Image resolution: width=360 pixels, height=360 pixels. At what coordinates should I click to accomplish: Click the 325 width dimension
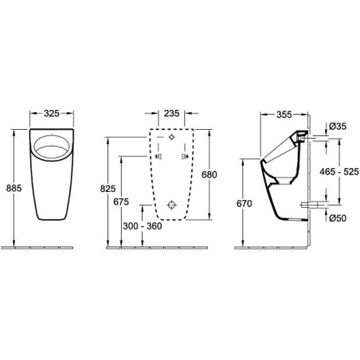click(52, 113)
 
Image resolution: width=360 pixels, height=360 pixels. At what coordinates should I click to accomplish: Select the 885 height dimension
click(14, 188)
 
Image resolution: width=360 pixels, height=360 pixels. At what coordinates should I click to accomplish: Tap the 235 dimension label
click(171, 113)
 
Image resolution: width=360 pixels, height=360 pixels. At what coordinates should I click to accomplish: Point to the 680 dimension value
click(209, 174)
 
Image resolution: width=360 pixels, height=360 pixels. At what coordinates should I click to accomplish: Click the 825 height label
click(108, 189)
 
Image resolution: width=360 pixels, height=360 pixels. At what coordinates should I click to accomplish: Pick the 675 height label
click(121, 202)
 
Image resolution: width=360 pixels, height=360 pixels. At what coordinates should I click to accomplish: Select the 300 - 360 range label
click(143, 226)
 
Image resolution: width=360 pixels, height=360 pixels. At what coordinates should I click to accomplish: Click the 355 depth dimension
click(284, 115)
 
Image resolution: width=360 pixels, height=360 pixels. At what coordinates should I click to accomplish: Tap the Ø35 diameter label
click(338, 127)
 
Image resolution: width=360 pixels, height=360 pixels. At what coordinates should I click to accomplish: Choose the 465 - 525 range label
click(339, 172)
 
